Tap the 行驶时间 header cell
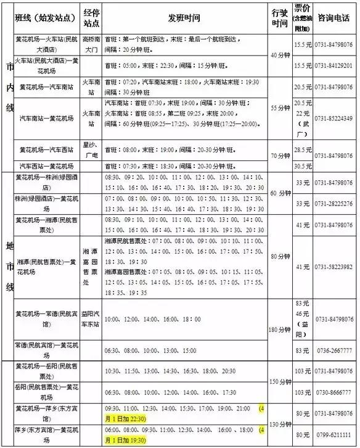coord(279,17)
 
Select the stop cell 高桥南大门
coord(91,44)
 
